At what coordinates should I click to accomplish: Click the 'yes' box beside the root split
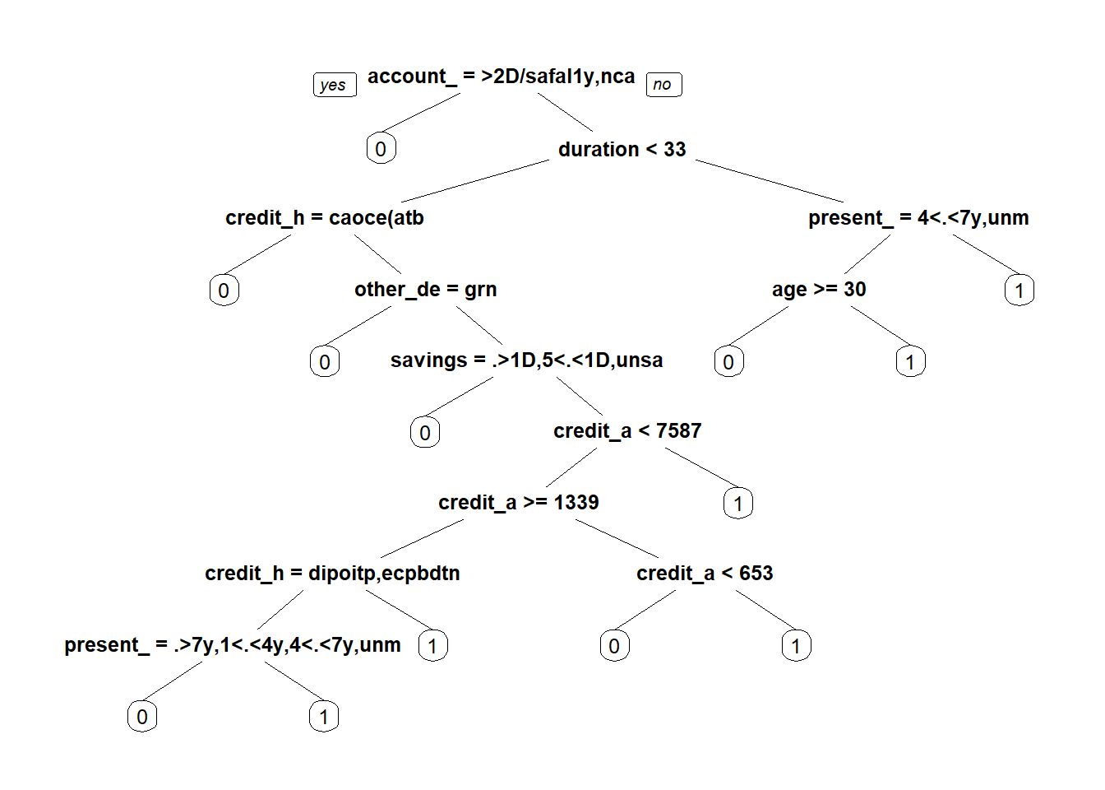pyautogui.click(x=335, y=85)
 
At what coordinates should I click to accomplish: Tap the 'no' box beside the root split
pyautogui.click(x=663, y=85)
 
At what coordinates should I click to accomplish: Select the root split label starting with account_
pyautogui.click(x=501, y=77)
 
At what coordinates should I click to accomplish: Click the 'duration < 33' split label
pyautogui.click(x=622, y=149)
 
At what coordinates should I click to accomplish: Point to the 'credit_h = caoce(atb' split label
pyautogui.click(x=325, y=218)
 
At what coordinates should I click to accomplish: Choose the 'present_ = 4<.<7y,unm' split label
pyautogui.click(x=918, y=218)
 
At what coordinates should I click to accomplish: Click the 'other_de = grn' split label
pyautogui.click(x=425, y=290)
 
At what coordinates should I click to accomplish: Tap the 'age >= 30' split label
pyautogui.click(x=819, y=290)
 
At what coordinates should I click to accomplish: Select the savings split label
pyautogui.click(x=526, y=360)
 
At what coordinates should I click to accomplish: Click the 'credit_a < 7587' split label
pyautogui.click(x=627, y=431)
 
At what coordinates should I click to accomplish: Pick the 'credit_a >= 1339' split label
pyautogui.click(x=518, y=503)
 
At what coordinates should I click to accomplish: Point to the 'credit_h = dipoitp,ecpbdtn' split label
pyautogui.click(x=332, y=574)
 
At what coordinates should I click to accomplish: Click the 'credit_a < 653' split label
pyautogui.click(x=705, y=574)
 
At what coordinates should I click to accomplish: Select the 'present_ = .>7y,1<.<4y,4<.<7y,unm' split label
pyautogui.click(x=233, y=645)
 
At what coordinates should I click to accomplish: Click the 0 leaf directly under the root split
pyautogui.click(x=381, y=149)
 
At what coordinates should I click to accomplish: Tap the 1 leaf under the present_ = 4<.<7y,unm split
pyautogui.click(x=1019, y=290)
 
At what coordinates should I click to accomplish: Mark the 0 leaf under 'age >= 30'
pyautogui.click(x=728, y=361)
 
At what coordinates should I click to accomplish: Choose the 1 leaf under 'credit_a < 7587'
pyautogui.click(x=738, y=503)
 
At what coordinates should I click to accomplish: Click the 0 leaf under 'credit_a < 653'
pyautogui.click(x=614, y=645)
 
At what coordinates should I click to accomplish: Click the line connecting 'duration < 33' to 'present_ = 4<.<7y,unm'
pyautogui.click(x=770, y=181)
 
